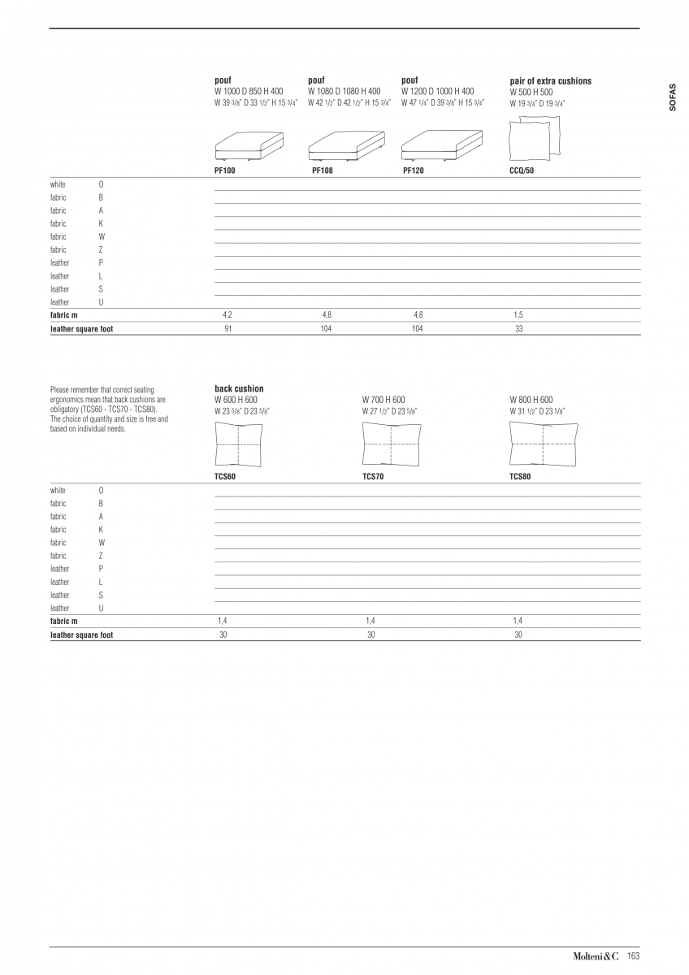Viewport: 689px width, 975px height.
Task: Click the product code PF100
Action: [225, 171]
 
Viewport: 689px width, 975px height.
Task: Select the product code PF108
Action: [323, 171]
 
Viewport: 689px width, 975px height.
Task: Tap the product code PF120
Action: [414, 171]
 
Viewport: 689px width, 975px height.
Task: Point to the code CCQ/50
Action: [522, 171]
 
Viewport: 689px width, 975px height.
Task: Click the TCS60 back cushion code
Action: [225, 476]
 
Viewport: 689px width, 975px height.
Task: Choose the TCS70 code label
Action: [373, 476]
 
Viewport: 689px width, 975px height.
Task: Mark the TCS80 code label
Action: [520, 476]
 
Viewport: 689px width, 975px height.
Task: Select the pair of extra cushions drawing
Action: [534, 138]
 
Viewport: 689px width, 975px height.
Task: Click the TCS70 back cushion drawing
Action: [391, 446]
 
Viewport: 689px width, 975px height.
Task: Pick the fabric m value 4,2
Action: [227, 314]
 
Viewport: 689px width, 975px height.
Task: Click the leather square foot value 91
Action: [227, 329]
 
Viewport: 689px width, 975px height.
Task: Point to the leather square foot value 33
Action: [518, 329]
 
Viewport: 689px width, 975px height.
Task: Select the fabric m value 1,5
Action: [518, 314]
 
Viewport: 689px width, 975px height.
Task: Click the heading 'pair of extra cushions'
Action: [550, 81]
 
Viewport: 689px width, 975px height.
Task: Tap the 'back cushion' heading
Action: [239, 389]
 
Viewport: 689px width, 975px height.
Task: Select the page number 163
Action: [634, 956]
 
